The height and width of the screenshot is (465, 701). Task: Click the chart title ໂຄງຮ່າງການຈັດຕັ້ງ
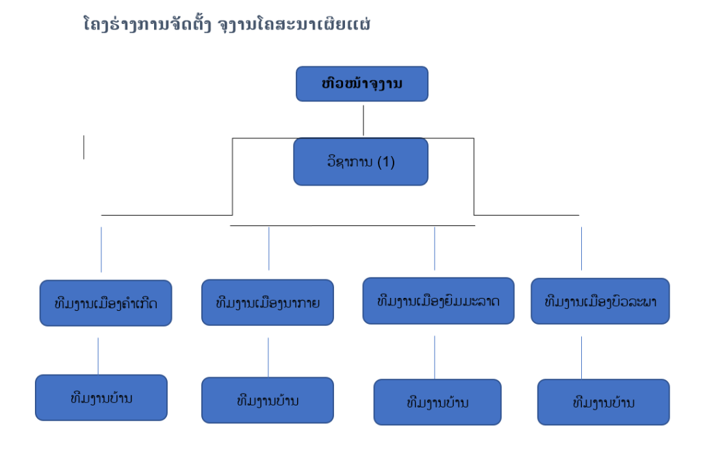pyautogui.click(x=147, y=24)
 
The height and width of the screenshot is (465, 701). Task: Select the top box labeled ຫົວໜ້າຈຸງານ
pyautogui.click(x=362, y=84)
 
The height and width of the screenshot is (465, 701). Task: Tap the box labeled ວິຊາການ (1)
pyautogui.click(x=361, y=162)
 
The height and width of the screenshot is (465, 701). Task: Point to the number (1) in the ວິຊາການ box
pyautogui.click(x=386, y=162)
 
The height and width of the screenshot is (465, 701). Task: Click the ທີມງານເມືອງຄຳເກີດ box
pyautogui.click(x=106, y=303)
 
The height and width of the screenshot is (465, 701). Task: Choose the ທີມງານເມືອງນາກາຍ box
pyautogui.click(x=268, y=303)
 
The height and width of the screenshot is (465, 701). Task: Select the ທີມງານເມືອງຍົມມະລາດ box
pyautogui.click(x=439, y=301)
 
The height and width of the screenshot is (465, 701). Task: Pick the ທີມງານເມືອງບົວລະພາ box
pyautogui.click(x=600, y=301)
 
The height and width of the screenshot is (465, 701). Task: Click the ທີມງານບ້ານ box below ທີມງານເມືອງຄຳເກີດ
pyautogui.click(x=101, y=397)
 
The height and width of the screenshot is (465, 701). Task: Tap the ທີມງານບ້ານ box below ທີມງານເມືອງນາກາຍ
pyautogui.click(x=268, y=400)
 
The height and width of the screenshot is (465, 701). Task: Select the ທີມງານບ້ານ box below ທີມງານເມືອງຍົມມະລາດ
pyautogui.click(x=437, y=402)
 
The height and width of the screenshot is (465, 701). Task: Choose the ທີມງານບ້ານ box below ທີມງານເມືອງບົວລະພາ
pyautogui.click(x=604, y=402)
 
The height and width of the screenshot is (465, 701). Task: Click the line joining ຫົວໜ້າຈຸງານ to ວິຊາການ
pyautogui.click(x=364, y=121)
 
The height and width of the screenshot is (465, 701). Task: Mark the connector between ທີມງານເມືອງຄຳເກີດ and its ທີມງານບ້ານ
pyautogui.click(x=98, y=356)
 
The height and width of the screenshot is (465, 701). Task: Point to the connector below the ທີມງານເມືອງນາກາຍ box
pyautogui.click(x=268, y=357)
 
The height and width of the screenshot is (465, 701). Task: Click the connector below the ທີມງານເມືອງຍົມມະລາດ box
pyautogui.click(x=435, y=357)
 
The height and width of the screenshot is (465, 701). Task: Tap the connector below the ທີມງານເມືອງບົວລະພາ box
pyautogui.click(x=582, y=357)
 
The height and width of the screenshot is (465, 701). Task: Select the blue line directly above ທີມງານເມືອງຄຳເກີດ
pyautogui.click(x=101, y=249)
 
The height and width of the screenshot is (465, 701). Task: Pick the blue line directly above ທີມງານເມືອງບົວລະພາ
pyautogui.click(x=582, y=249)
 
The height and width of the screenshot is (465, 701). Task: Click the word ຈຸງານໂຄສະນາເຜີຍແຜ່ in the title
pyautogui.click(x=294, y=24)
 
